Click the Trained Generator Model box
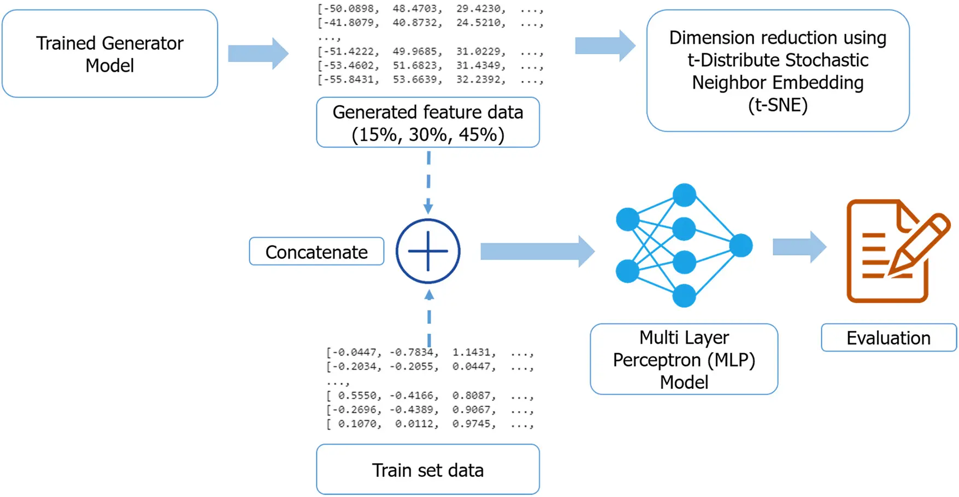pos(110,54)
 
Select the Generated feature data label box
pos(428,122)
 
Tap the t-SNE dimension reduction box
pos(778,71)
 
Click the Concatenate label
pos(316,252)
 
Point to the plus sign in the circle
pos(428,251)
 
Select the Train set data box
pos(428,470)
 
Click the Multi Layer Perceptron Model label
pos(684,359)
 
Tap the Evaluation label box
pos(889,338)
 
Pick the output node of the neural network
pos(741,245)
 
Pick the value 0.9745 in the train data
pos(474,424)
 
